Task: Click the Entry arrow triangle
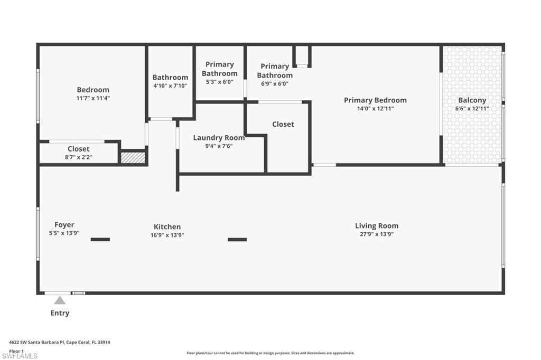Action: pos(60,301)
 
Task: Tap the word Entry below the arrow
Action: pos(60,313)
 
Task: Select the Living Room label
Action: pos(377,226)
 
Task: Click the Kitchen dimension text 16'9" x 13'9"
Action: pos(167,235)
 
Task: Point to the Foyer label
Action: pos(64,225)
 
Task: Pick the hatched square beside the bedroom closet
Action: pos(133,158)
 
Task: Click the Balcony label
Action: pos(472,100)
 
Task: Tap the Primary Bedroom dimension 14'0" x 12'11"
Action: pos(375,108)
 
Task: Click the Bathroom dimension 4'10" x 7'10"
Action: pos(170,86)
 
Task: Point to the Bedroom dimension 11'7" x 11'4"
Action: pos(93,98)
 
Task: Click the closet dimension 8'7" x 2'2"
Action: pos(78,157)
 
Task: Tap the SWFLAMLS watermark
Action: pos(20,356)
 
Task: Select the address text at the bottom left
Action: pos(59,342)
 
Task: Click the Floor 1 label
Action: pos(16,350)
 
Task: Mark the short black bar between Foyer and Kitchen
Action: pos(100,240)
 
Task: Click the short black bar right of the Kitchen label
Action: pos(237,240)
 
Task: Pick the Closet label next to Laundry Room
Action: pos(283,124)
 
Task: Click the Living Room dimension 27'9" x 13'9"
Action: pos(377,234)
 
